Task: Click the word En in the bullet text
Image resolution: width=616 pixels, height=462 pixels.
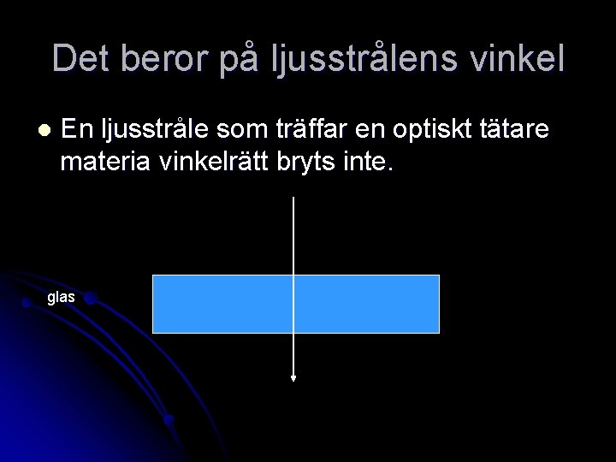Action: pyautogui.click(x=78, y=130)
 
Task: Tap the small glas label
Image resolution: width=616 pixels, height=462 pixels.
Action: pyautogui.click(x=61, y=298)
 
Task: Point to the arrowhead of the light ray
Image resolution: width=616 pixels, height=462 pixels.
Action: pyautogui.click(x=293, y=376)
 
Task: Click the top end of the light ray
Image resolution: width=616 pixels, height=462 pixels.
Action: pyautogui.click(x=293, y=198)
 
